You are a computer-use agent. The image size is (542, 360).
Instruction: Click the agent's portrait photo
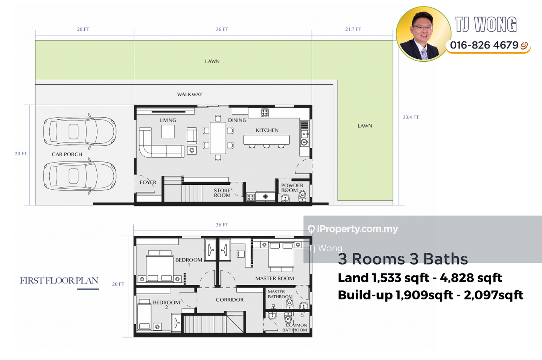pyautogui.click(x=423, y=34)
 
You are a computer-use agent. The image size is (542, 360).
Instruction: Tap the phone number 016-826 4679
pyautogui.click(x=484, y=45)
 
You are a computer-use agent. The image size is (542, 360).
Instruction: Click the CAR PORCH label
pyautogui.click(x=67, y=154)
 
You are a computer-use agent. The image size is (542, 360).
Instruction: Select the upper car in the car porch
pyautogui.click(x=79, y=132)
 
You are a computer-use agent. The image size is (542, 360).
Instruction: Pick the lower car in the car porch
pyautogui.click(x=79, y=176)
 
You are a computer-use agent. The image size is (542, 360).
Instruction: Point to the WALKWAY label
pyautogui.click(x=190, y=94)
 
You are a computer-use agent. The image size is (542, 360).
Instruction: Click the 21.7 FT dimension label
pyautogui.click(x=353, y=29)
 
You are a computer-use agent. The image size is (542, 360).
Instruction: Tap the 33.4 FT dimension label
pyautogui.click(x=411, y=117)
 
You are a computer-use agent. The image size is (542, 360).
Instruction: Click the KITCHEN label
pyautogui.click(x=267, y=130)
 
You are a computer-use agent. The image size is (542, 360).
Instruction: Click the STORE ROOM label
pyautogui.click(x=222, y=193)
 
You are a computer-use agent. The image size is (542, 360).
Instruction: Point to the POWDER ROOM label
pyautogui.click(x=292, y=188)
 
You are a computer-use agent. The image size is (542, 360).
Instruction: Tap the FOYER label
pyautogui.click(x=148, y=182)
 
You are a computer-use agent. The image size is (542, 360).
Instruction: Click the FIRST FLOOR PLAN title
pyautogui.click(x=59, y=281)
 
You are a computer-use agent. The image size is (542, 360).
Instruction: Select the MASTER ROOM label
pyautogui.click(x=274, y=278)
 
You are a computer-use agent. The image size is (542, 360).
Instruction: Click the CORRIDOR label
pyautogui.click(x=230, y=300)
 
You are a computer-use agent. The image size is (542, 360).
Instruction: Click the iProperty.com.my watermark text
pyautogui.click(x=357, y=229)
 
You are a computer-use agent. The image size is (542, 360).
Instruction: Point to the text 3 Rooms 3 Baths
pyautogui.click(x=403, y=259)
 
